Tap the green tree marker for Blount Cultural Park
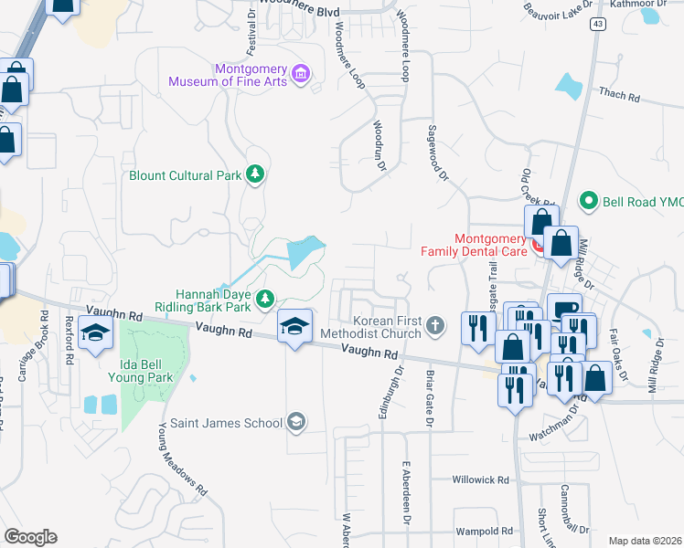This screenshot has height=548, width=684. point(256,174)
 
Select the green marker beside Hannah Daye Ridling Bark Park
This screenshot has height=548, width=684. point(265,299)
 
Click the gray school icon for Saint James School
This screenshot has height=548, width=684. point(295,421)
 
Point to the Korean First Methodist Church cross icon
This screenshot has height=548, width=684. point(436,324)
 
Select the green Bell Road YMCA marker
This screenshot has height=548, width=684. point(590,201)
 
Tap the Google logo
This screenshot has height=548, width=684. point(30,536)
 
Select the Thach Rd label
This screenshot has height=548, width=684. point(619,94)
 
